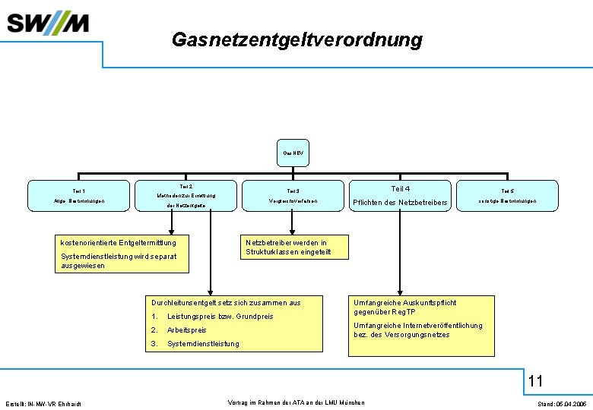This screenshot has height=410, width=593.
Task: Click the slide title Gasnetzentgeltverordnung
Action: pyautogui.click(x=296, y=39)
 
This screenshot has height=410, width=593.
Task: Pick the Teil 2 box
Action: pyautogui.click(x=186, y=196)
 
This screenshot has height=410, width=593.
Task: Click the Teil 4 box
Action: pyautogui.click(x=400, y=196)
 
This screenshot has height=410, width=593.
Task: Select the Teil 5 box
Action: pyautogui.click(x=507, y=196)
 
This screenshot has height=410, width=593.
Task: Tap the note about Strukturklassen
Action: pyautogui.click(x=286, y=248)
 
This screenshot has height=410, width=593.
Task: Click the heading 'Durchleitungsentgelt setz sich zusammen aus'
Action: pyautogui.click(x=226, y=303)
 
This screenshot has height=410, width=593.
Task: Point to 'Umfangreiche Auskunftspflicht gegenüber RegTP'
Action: pyautogui.click(x=404, y=307)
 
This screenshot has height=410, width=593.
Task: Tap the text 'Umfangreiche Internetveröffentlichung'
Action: pyautogui.click(x=417, y=326)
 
